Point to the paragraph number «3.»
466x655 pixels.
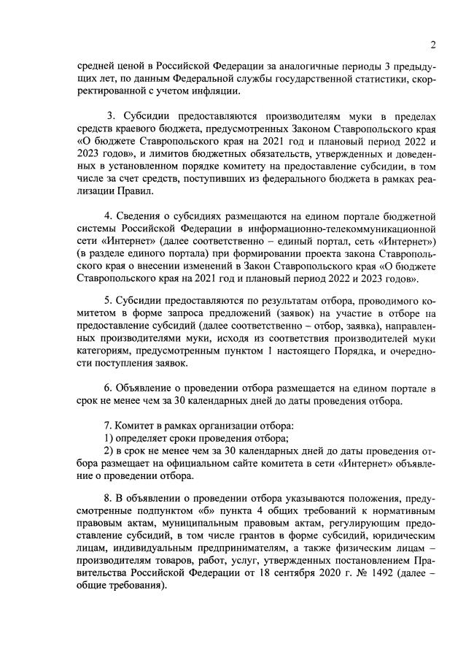point(112,118)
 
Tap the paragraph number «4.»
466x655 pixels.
point(109,217)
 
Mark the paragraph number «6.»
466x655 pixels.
point(109,389)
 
